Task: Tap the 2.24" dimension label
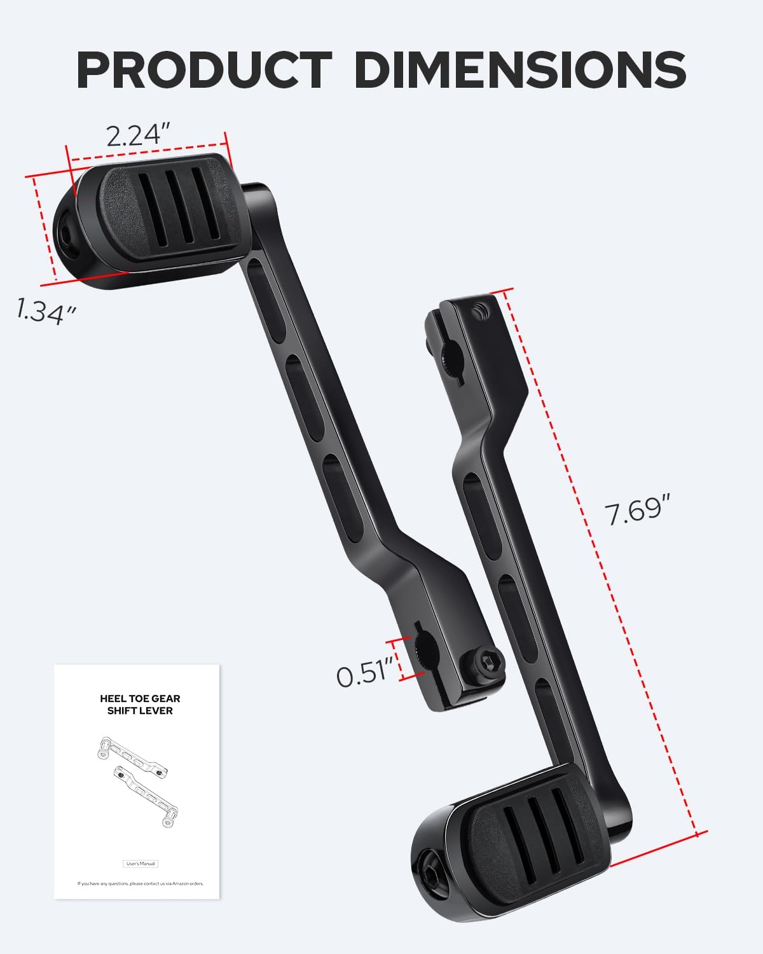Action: click(138, 135)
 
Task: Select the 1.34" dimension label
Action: click(46, 311)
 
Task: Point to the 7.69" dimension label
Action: click(638, 512)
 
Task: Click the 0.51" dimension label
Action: click(361, 674)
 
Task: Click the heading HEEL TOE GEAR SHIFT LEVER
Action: click(140, 704)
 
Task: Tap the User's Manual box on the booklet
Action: click(140, 864)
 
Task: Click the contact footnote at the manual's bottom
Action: click(140, 883)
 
